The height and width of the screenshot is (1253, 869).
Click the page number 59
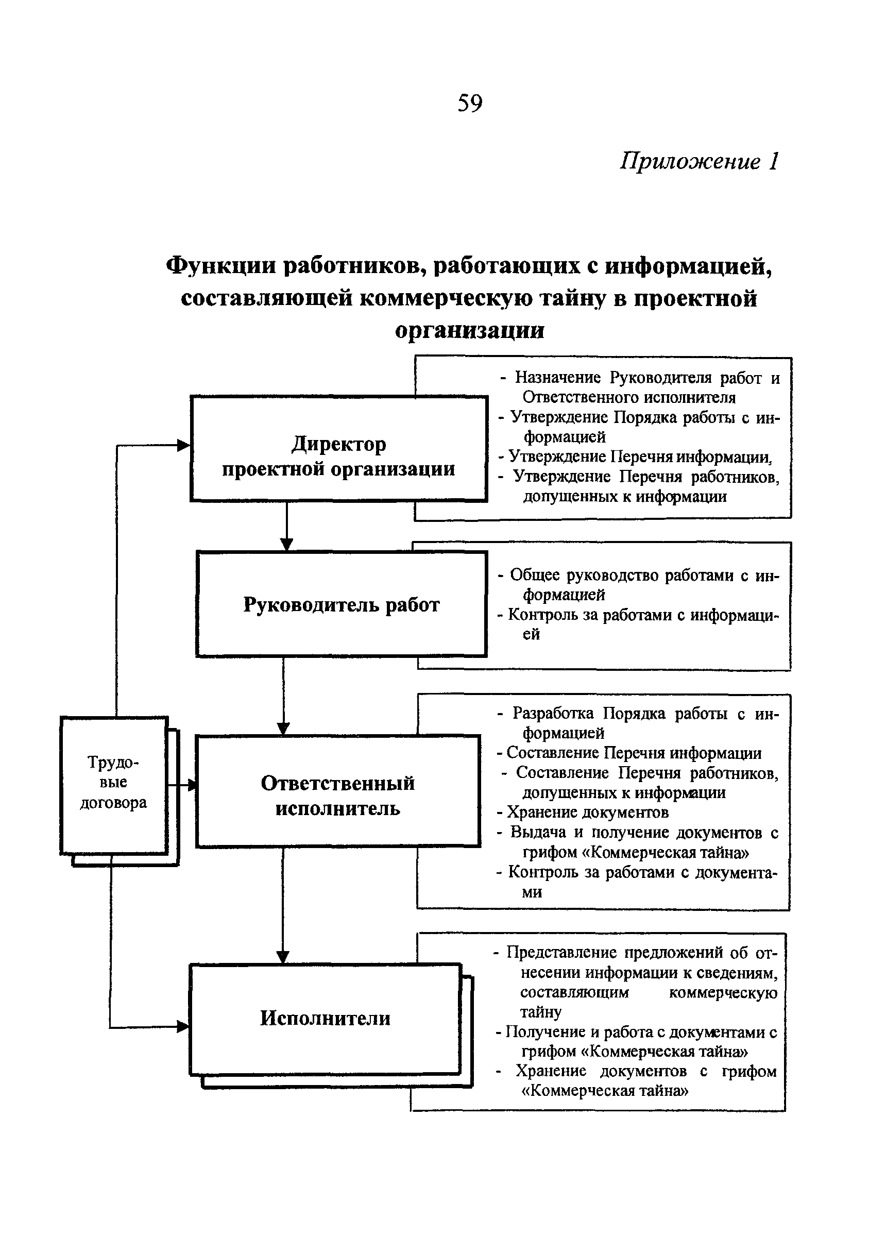coord(469,103)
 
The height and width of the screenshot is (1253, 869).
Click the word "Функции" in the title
coord(221,266)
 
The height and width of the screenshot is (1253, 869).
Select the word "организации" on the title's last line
coord(469,331)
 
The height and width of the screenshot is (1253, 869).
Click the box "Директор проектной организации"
coord(338,448)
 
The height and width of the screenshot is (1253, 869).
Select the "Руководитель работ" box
coord(341,604)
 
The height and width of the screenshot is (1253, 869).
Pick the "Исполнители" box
coord(325,1018)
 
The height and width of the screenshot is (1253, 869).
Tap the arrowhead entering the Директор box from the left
coord(184,446)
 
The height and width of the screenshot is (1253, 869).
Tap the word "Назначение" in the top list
coord(557,377)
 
